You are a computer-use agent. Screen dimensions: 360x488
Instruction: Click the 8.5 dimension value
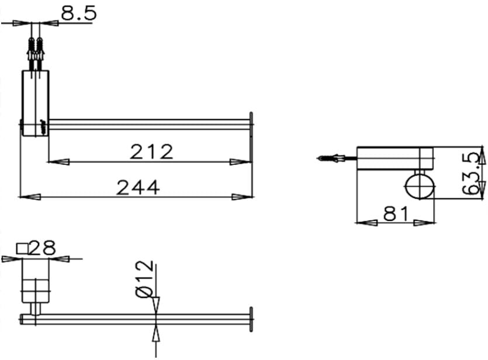tap(78, 13)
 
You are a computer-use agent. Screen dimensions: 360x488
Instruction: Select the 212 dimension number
tap(151, 152)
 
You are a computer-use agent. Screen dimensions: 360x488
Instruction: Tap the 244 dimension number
tap(138, 188)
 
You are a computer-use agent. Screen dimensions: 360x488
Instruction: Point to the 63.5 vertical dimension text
tap(472, 174)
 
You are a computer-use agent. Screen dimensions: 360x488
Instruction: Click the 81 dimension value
tap(395, 214)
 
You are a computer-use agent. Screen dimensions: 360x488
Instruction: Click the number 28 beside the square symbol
tap(41, 248)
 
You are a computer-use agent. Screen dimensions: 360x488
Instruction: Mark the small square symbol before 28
tap(23, 248)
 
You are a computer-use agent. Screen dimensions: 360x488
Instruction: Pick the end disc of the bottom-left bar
tap(251, 320)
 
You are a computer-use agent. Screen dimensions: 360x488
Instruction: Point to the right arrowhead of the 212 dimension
tap(240, 162)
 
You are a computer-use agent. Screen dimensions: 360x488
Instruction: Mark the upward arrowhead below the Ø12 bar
tap(156, 334)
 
